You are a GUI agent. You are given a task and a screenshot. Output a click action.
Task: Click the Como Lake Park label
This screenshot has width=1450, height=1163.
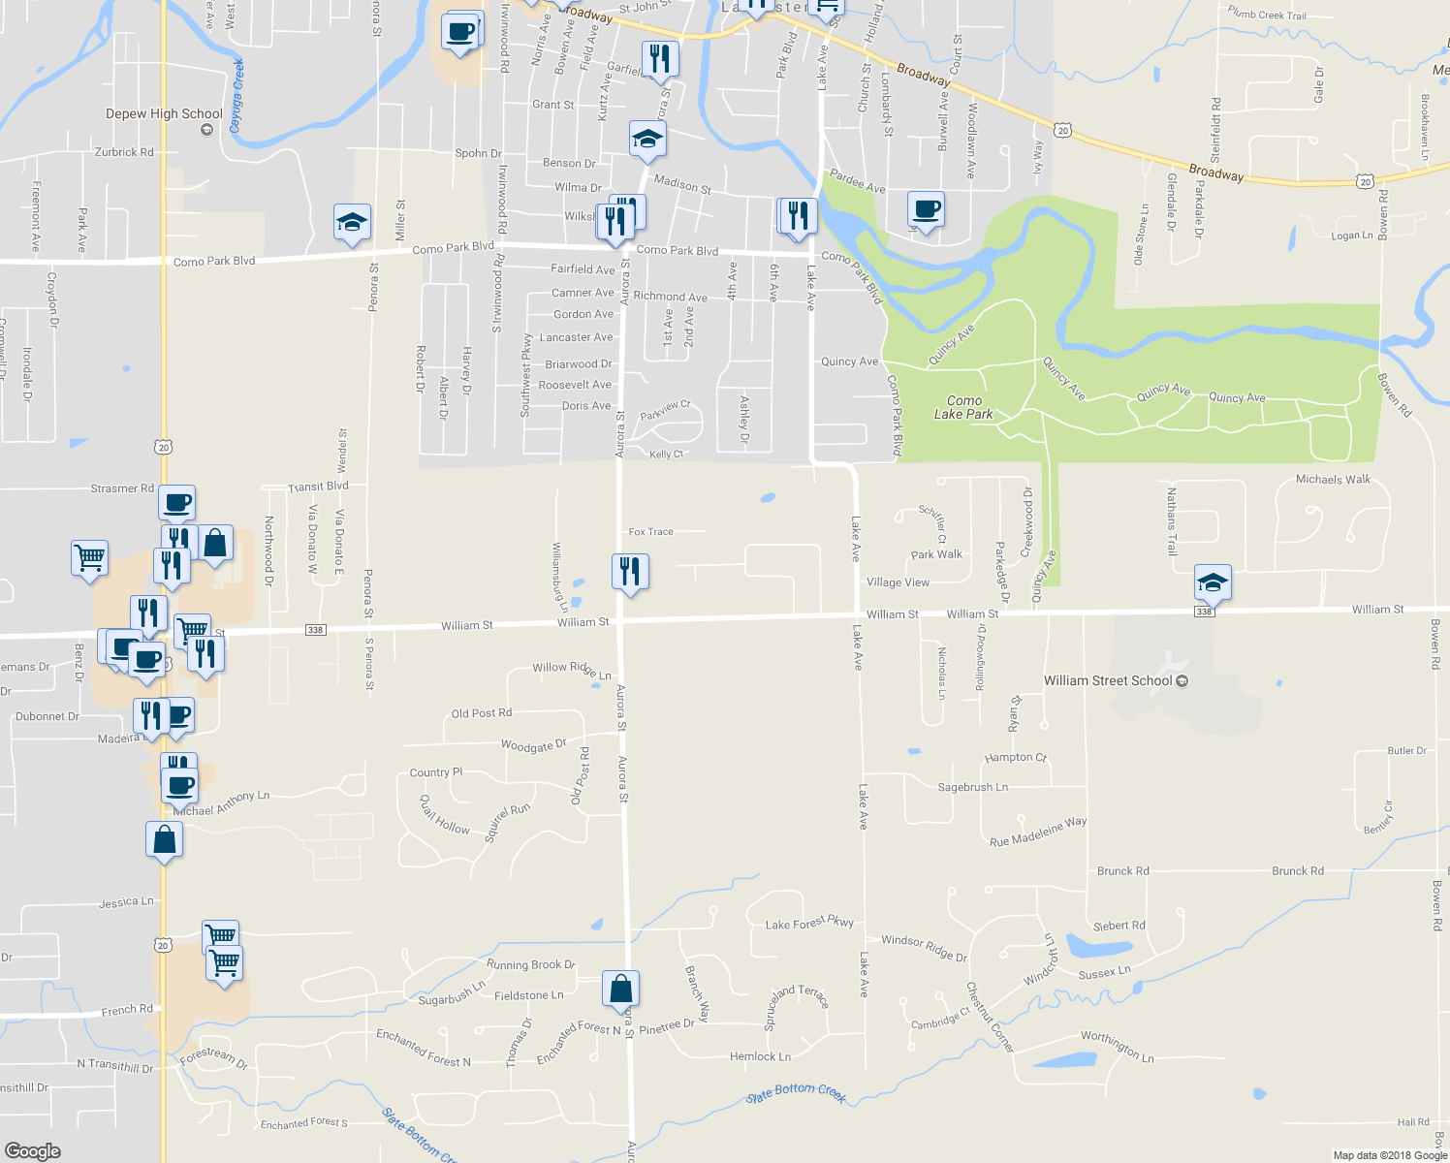pyautogui.click(x=963, y=407)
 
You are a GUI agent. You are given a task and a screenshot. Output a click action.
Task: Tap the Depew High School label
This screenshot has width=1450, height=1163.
pyautogui.click(x=164, y=113)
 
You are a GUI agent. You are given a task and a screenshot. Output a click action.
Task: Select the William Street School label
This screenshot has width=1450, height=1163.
pyautogui.click(x=1108, y=680)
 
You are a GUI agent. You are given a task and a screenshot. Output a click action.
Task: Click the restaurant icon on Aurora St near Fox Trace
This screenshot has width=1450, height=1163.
pyautogui.click(x=630, y=572)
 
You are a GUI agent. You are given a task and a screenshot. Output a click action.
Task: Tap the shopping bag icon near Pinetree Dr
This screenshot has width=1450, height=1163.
pyautogui.click(x=621, y=989)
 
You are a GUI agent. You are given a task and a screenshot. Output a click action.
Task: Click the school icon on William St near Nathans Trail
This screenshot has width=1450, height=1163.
pyautogui.click(x=1213, y=582)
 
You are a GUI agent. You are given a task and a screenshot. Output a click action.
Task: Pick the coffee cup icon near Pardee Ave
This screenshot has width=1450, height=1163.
pyautogui.click(x=927, y=209)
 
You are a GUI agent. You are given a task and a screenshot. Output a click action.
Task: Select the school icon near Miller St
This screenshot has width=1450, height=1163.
pyautogui.click(x=351, y=223)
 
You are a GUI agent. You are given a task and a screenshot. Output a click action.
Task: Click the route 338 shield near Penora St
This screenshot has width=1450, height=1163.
pyautogui.click(x=315, y=630)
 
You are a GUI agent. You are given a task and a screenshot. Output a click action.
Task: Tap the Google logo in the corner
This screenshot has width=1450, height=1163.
pyautogui.click(x=33, y=1150)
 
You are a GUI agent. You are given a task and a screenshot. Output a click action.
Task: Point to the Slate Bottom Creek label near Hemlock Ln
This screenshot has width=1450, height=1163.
pyautogui.click(x=797, y=1092)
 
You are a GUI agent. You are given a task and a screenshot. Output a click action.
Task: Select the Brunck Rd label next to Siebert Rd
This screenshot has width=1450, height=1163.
pyautogui.click(x=1123, y=870)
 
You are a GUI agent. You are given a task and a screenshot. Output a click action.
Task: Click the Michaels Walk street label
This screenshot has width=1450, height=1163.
pyautogui.click(x=1333, y=479)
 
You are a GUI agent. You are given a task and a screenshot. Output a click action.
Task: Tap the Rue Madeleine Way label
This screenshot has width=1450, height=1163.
pyautogui.click(x=1038, y=832)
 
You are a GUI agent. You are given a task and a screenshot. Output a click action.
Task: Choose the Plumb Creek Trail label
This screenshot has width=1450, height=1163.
pyautogui.click(x=1267, y=14)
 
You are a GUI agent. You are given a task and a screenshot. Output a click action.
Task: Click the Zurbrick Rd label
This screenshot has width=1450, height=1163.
pyautogui.click(x=124, y=152)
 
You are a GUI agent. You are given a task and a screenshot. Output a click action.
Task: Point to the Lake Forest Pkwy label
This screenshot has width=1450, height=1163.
pyautogui.click(x=809, y=923)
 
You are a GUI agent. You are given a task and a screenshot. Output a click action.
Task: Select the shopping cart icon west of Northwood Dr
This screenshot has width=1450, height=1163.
pyautogui.click(x=89, y=558)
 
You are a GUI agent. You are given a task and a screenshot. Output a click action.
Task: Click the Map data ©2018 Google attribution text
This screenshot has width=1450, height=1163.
pyautogui.click(x=1390, y=1154)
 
